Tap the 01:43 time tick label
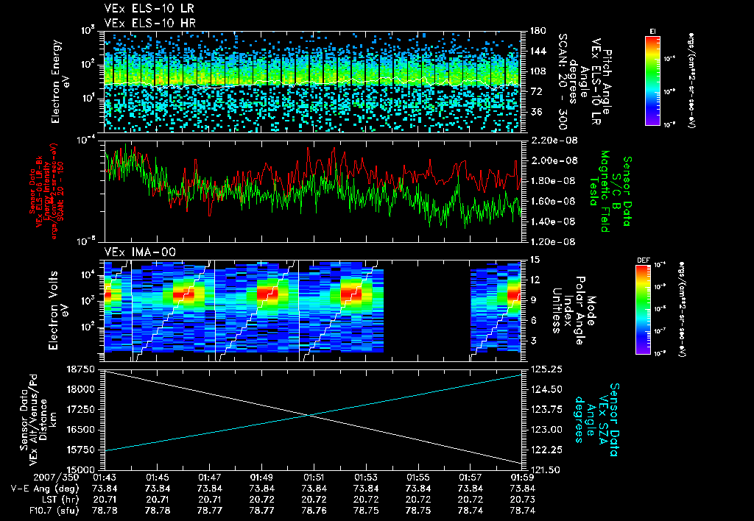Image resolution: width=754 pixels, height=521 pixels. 106,477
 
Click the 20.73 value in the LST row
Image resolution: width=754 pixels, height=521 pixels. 523,498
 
